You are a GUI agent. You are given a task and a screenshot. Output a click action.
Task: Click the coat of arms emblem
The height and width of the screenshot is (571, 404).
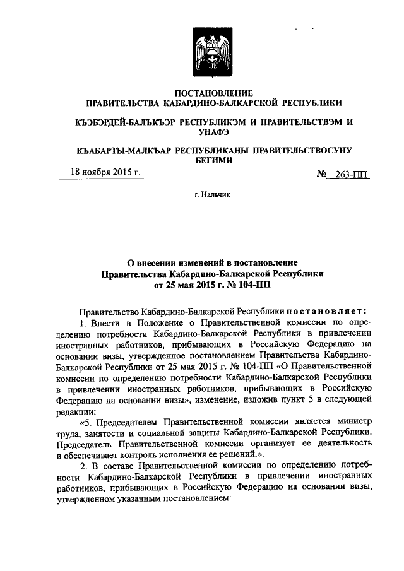tap(213, 56)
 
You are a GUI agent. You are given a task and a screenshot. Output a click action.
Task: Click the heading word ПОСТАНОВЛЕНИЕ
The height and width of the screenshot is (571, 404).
tap(213, 93)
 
